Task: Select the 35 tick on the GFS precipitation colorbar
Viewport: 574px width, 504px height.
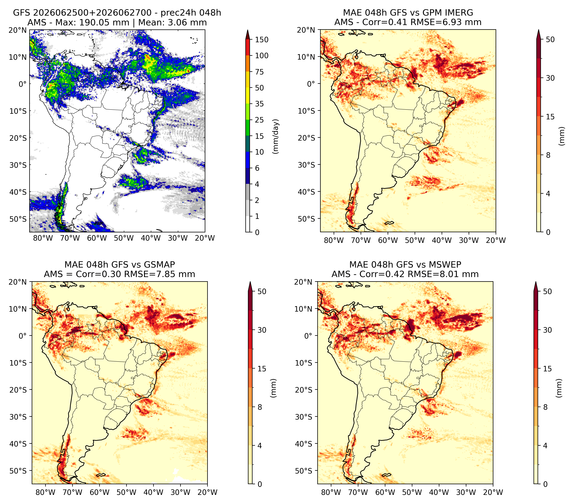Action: point(259,104)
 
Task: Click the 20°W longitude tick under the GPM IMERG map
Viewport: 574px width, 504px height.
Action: point(496,240)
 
